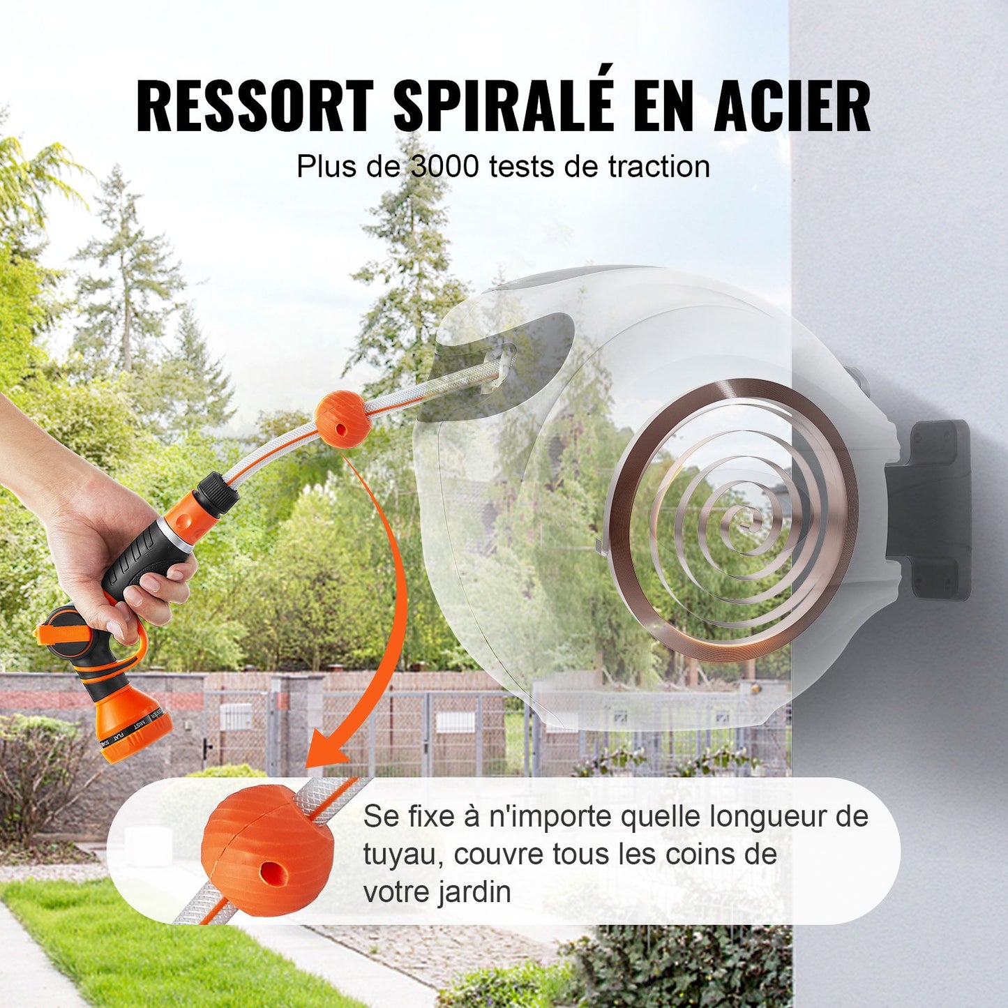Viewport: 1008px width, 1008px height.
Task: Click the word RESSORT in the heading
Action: pos(255,106)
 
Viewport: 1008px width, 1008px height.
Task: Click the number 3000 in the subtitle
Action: pos(445,167)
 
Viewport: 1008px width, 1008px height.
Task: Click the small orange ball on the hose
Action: pos(340,419)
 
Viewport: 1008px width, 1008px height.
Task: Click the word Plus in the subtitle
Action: pos(322,167)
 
